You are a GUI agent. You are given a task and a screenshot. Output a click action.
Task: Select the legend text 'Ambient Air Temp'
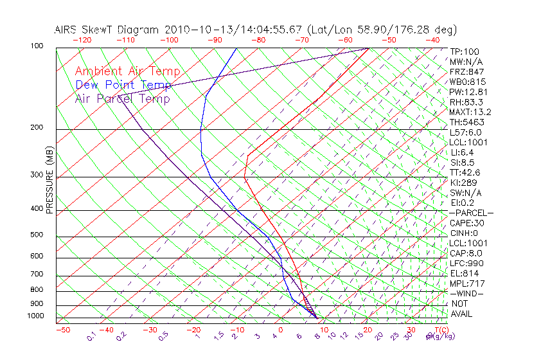coord(127,71)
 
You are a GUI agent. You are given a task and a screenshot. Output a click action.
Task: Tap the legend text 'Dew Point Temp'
coord(123,85)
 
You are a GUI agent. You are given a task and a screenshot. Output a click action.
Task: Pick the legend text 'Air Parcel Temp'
coord(123,98)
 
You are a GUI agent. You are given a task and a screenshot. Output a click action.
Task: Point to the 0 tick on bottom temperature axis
coord(281,330)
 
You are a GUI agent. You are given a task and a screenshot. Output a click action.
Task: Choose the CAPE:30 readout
coord(466,223)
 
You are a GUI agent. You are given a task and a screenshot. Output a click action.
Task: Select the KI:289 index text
coord(464,183)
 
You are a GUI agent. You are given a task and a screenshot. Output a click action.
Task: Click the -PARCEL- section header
coord(471,213)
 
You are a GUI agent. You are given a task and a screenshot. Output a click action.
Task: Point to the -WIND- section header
coord(466,293)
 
